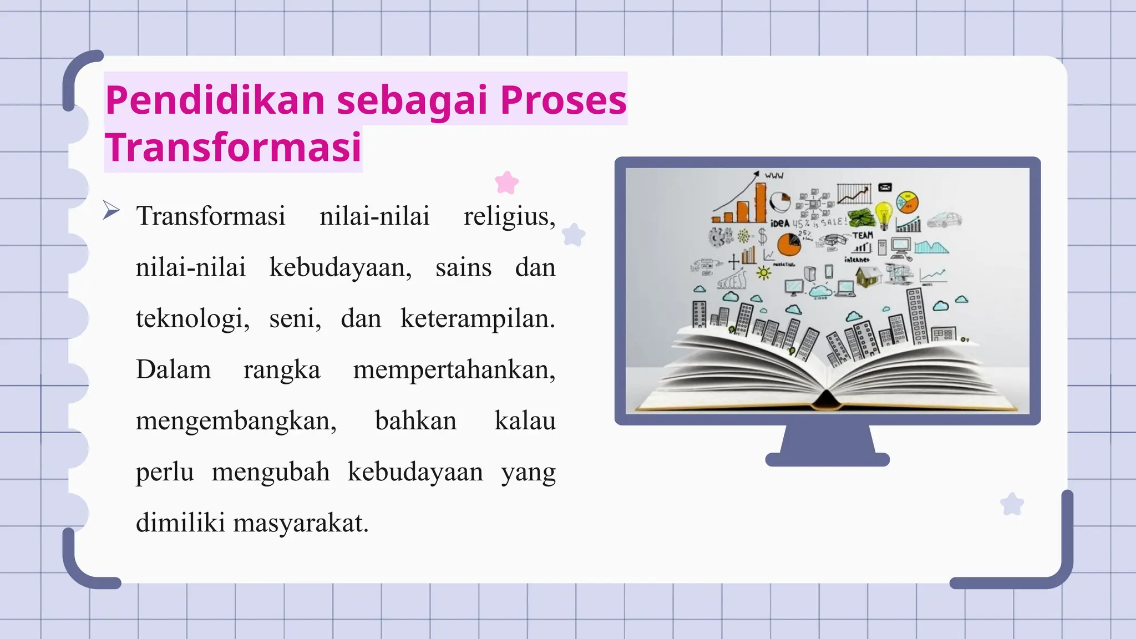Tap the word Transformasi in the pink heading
pyautogui.click(x=234, y=148)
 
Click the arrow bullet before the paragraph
pyautogui.click(x=111, y=210)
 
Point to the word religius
pyautogui.click(x=509, y=216)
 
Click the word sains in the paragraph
pyautogui.click(x=463, y=268)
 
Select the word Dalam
pyautogui.click(x=173, y=370)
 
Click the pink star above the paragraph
pyautogui.click(x=506, y=182)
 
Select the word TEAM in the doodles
pyautogui.click(x=863, y=235)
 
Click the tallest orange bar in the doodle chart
pyautogui.click(x=760, y=202)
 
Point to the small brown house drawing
pyautogui.click(x=868, y=276)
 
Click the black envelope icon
pyautogui.click(x=885, y=187)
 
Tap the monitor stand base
pyautogui.click(x=827, y=459)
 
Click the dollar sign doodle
pyautogui.click(x=763, y=237)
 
